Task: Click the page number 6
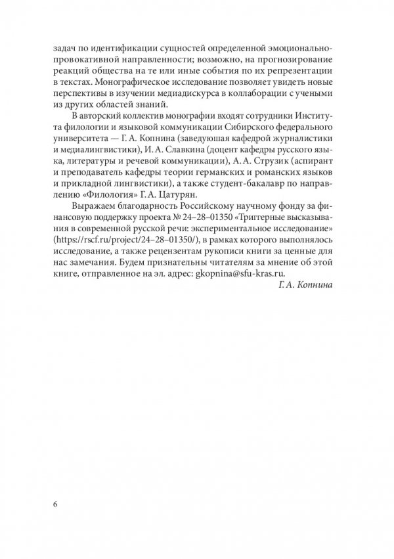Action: pos(55,504)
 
